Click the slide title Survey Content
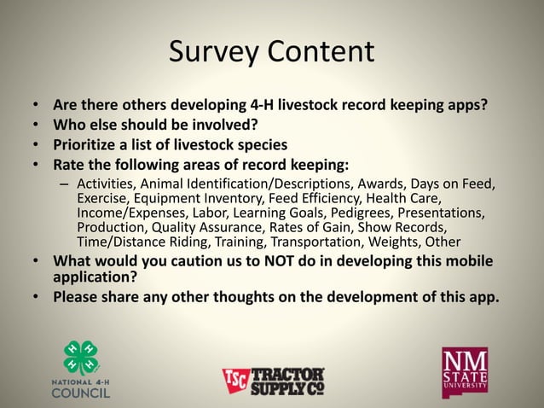tap(271, 51)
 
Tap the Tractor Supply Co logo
tap(273, 381)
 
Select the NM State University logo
tap(466, 371)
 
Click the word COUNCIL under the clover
tap(81, 393)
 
